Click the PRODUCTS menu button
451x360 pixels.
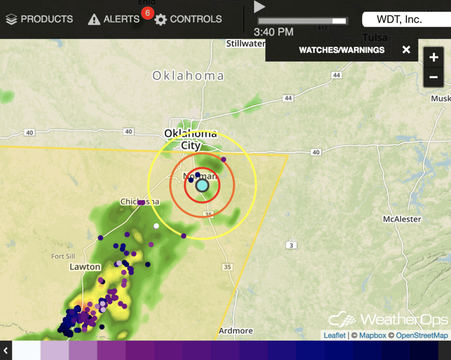(40, 19)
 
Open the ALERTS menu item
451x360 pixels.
(114, 19)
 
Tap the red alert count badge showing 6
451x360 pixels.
(147, 13)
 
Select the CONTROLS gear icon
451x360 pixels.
(160, 20)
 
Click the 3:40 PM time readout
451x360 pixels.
(273, 32)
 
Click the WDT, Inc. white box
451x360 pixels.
(399, 19)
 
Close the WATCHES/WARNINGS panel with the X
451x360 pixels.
(407, 50)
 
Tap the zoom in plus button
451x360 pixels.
(434, 58)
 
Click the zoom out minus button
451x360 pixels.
(434, 77)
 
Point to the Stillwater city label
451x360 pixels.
(246, 43)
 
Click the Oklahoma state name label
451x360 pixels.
(188, 76)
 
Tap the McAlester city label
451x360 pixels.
(402, 219)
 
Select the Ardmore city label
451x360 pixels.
(235, 331)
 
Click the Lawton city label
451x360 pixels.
(84, 266)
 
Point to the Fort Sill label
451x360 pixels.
(63, 256)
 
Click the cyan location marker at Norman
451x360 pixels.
(202, 185)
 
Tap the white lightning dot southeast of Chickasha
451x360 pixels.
(156, 226)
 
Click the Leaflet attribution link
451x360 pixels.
(334, 335)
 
